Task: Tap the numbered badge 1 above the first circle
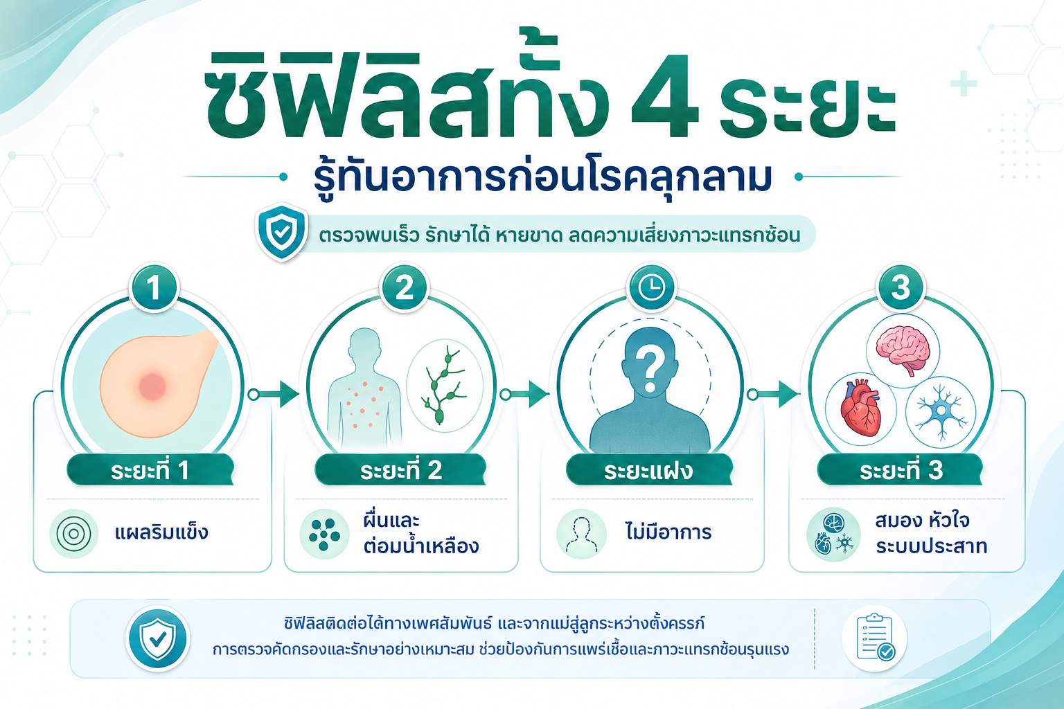pyautogui.click(x=153, y=287)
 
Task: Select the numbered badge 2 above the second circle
pyautogui.click(x=405, y=287)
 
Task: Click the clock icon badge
pyautogui.click(x=651, y=287)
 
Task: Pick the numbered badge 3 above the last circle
pyautogui.click(x=901, y=287)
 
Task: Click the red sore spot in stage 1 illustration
pyautogui.click(x=152, y=386)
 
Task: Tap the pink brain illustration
pyautogui.click(x=903, y=350)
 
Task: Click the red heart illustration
pyautogui.click(x=861, y=407)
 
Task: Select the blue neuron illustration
pyautogui.click(x=941, y=411)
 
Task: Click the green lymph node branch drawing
pyautogui.click(x=443, y=386)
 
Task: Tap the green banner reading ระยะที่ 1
pyautogui.click(x=150, y=469)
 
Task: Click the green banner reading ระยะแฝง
pyautogui.click(x=649, y=469)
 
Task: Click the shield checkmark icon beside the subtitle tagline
pyautogui.click(x=281, y=232)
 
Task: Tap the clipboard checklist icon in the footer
pyautogui.click(x=875, y=637)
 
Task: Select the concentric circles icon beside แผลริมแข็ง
pyautogui.click(x=73, y=534)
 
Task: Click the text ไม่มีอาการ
pyautogui.click(x=668, y=531)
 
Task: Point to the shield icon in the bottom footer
pyautogui.click(x=158, y=638)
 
